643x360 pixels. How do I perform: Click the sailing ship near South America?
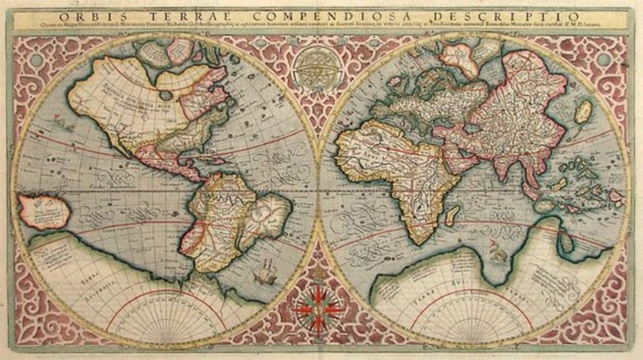pyautogui.click(x=267, y=271)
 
